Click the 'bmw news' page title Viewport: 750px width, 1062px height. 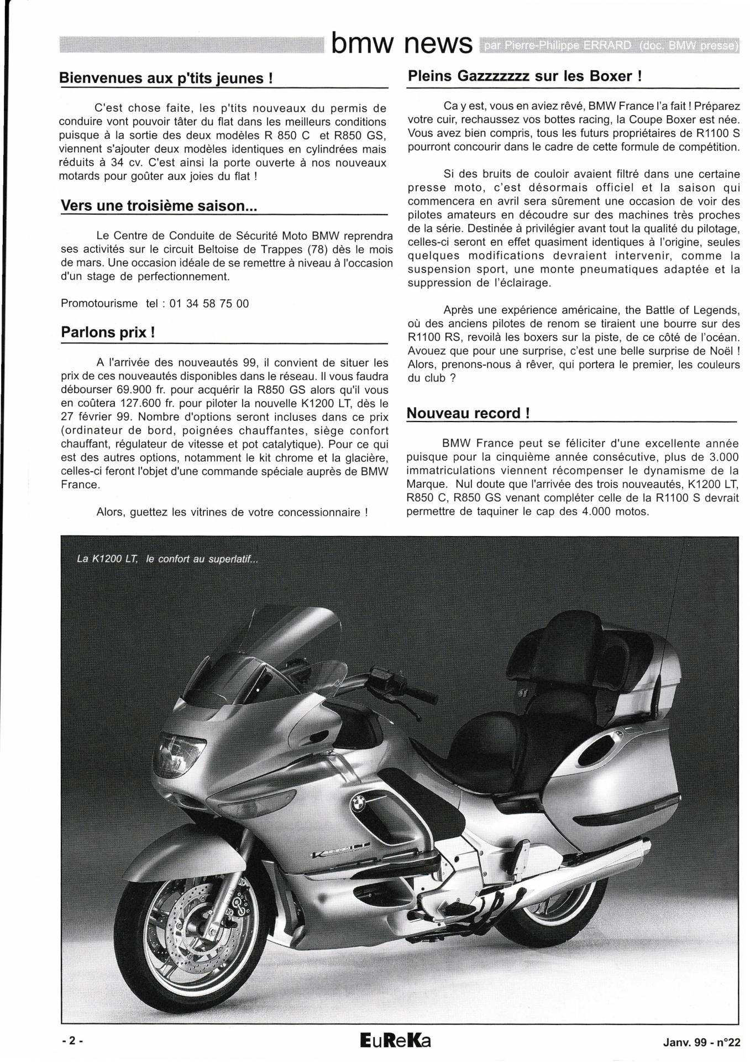pos(402,44)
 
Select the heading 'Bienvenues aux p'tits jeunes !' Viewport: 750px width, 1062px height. pos(166,79)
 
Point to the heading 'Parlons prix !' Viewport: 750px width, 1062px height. pos(108,333)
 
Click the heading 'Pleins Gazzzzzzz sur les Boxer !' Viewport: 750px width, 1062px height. pos(525,76)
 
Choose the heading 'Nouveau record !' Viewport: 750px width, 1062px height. pos(468,413)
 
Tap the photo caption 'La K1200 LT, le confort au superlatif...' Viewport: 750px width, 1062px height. pos(167,559)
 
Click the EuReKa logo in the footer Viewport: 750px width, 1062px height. pos(395,1040)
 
